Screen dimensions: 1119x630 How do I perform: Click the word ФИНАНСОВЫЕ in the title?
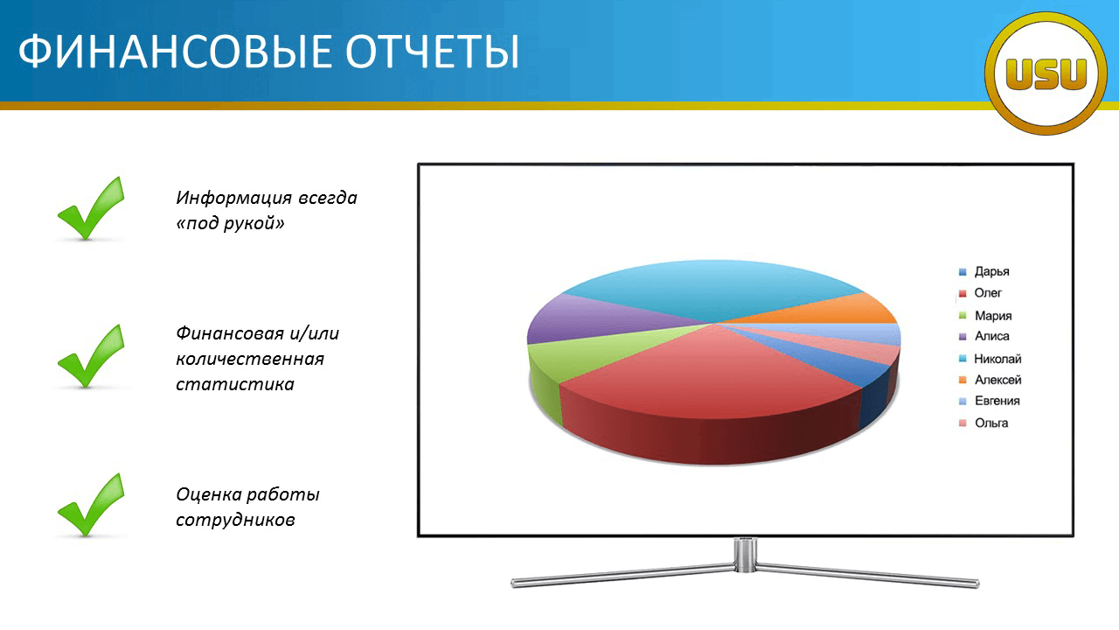[175, 52]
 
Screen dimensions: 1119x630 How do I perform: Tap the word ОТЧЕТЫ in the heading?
[433, 52]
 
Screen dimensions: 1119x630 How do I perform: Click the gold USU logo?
[1046, 73]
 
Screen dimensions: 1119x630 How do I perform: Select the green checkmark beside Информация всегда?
[92, 208]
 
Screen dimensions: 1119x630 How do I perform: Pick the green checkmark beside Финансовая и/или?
[92, 356]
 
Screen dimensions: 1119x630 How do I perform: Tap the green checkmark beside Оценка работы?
[92, 505]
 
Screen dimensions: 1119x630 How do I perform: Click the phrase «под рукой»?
[230, 223]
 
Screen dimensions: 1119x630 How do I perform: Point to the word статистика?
[235, 384]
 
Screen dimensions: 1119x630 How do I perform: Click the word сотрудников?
[235, 520]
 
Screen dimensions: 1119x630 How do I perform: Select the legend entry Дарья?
[984, 271]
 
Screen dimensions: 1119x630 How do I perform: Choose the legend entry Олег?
[980, 293]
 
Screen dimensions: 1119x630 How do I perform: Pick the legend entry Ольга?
[983, 423]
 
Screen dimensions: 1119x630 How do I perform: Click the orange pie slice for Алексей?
[839, 310]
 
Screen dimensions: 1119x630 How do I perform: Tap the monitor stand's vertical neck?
[746, 554]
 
